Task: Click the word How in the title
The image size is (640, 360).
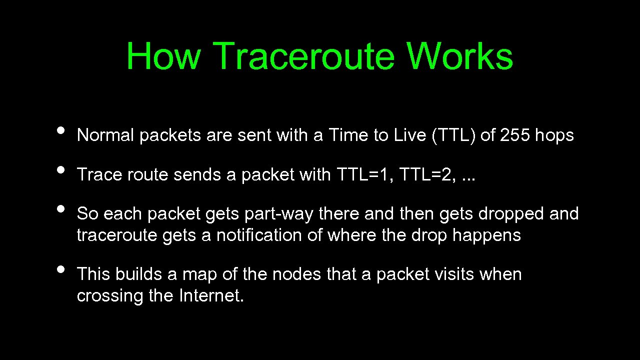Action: click(x=163, y=56)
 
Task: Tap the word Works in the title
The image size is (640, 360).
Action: click(x=460, y=56)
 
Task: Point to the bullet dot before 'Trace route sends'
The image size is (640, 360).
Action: click(x=61, y=169)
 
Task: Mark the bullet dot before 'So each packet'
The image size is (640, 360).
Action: click(x=61, y=208)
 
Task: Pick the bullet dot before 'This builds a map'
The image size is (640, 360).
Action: click(x=61, y=269)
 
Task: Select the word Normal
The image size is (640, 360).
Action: click(x=105, y=135)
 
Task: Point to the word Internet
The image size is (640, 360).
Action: click(x=211, y=296)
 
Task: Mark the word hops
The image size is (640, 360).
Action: click(x=554, y=135)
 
